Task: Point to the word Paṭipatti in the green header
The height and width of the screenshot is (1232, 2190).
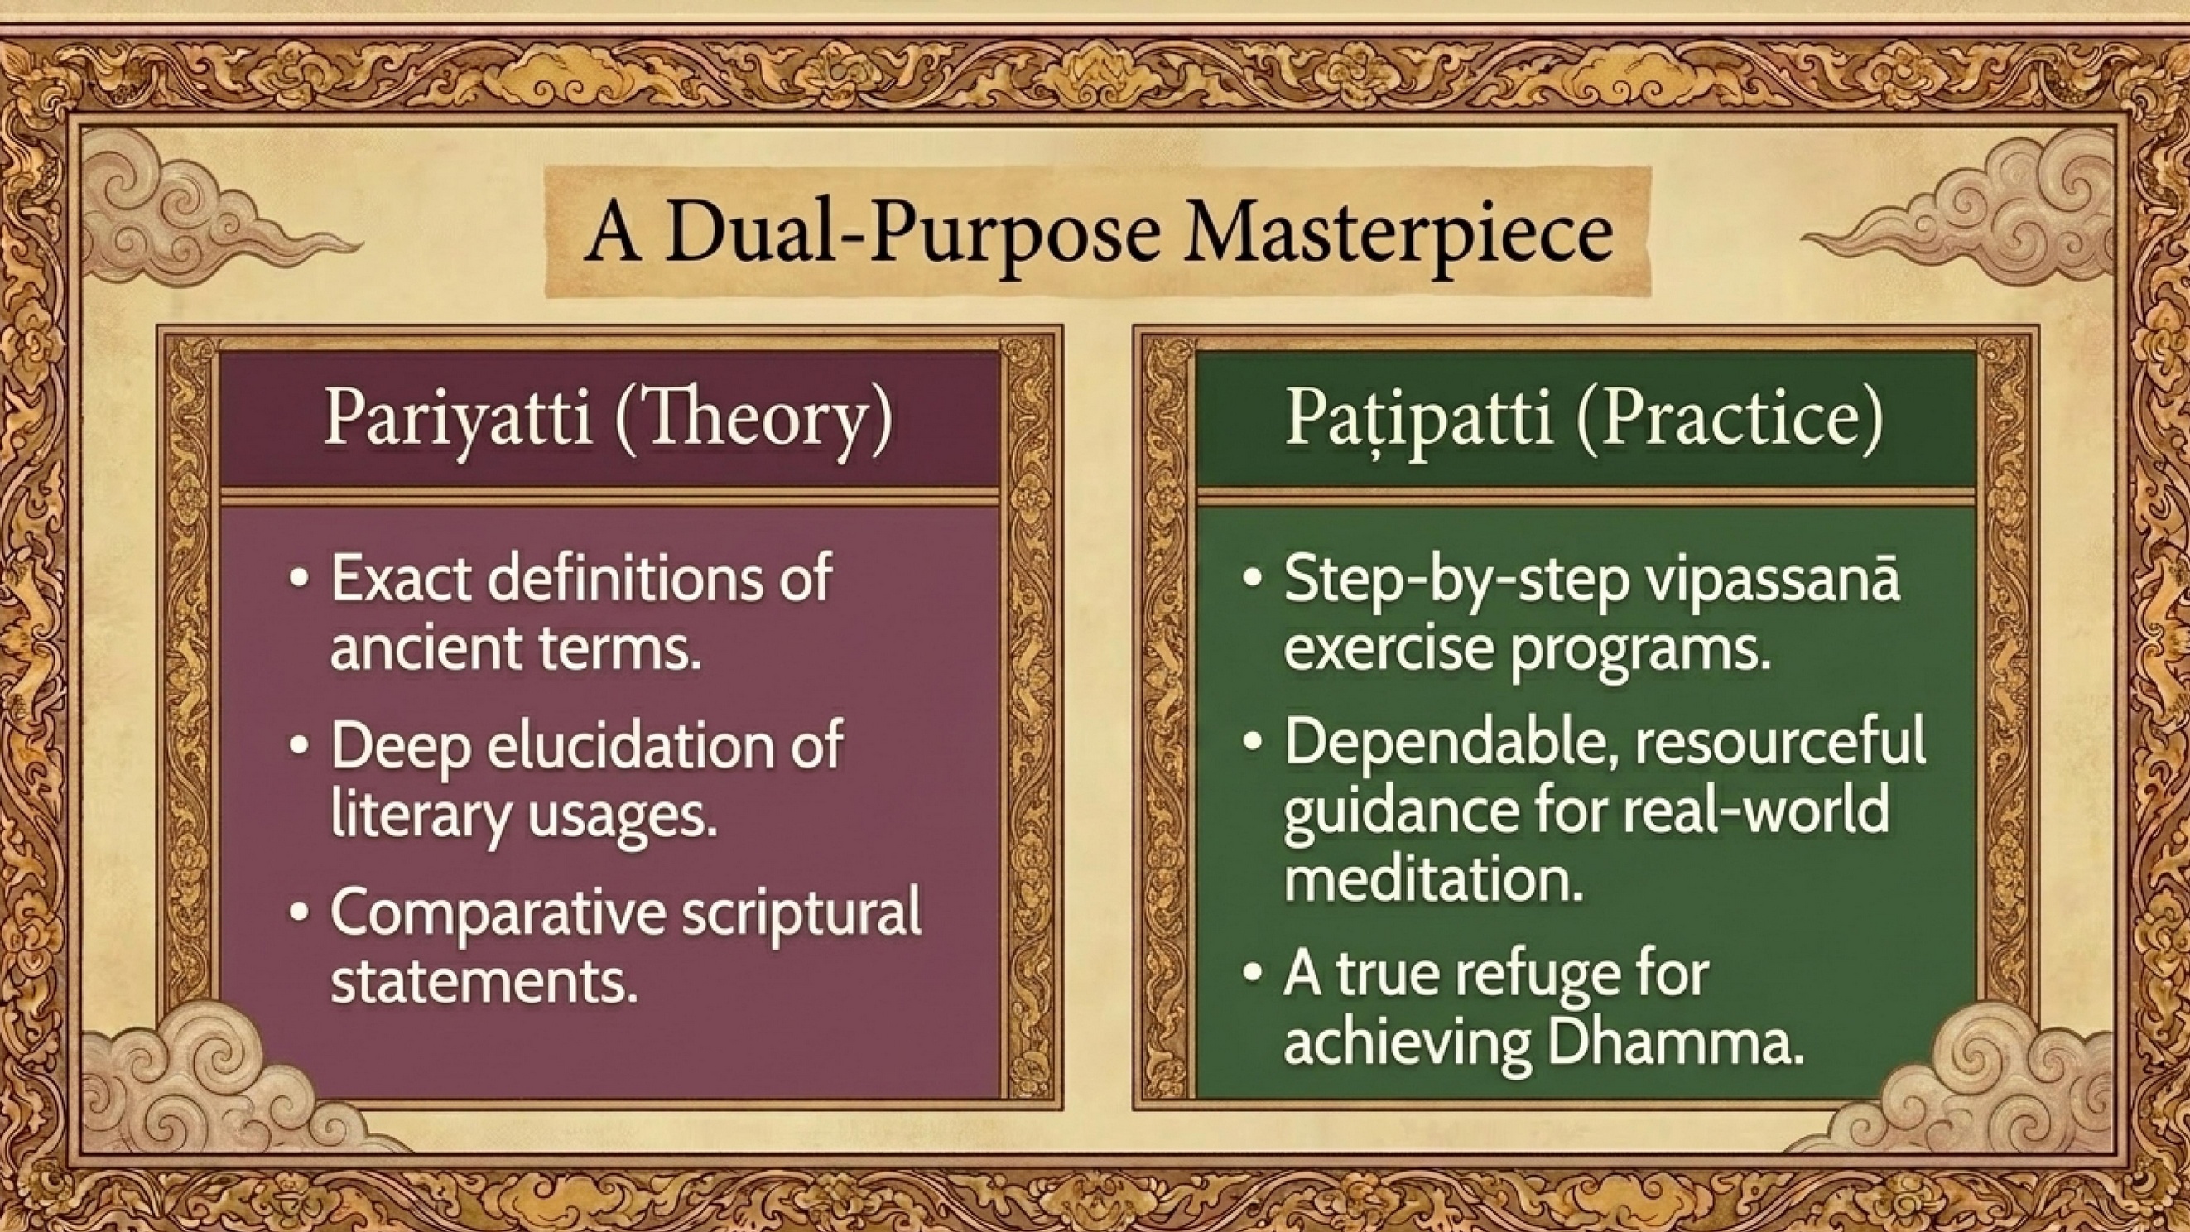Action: point(1418,418)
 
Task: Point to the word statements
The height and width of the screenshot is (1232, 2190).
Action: point(484,981)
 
